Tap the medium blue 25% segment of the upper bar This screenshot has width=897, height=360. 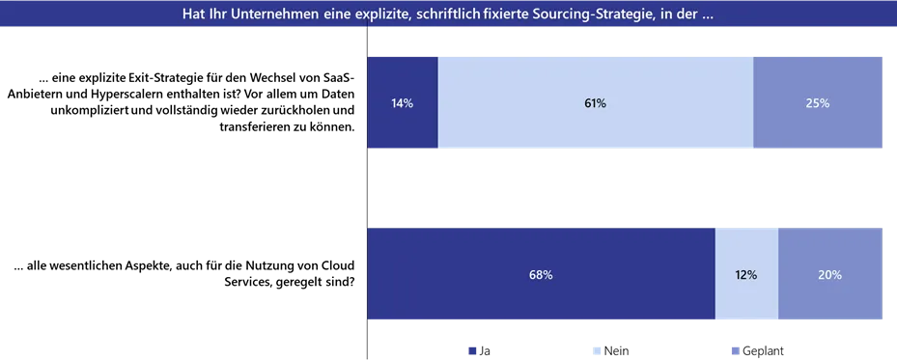pos(817,125)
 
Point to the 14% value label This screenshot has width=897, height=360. pos(403,103)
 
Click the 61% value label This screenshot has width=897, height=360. pos(595,103)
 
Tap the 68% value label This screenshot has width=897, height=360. pos(541,275)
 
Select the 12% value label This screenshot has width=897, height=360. pos(746,275)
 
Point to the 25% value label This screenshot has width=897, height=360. pos(817,103)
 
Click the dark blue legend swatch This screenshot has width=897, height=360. pos(471,347)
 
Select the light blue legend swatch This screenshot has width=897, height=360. pos(595,347)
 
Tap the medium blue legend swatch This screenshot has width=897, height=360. pos(734,347)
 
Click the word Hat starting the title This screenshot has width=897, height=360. pos(193,14)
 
